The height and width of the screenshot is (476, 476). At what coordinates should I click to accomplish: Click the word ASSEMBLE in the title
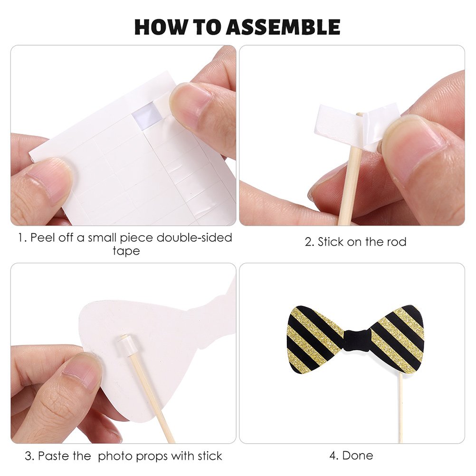point(283,27)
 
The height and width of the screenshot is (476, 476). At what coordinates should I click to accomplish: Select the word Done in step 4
point(358,456)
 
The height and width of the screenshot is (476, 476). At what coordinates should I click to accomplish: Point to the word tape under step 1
point(126,251)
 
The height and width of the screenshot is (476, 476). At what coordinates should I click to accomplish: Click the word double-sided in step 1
point(194,238)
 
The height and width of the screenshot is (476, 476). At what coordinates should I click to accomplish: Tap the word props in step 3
point(152,457)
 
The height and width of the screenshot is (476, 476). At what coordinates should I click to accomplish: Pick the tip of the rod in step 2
point(360,114)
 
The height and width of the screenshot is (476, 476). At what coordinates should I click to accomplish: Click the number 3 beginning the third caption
point(28,456)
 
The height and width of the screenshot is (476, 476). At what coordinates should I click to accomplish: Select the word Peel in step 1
point(43,238)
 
